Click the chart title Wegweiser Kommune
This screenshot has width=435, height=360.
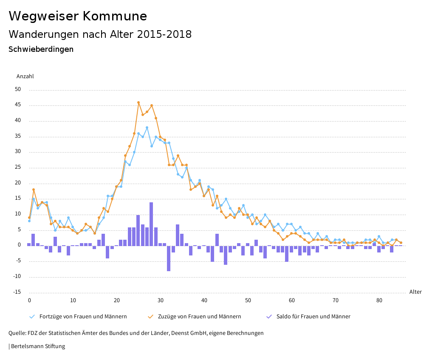click(x=78, y=16)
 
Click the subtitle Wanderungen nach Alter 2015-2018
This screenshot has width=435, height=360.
click(x=100, y=34)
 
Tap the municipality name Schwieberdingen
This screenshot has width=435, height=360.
click(x=41, y=49)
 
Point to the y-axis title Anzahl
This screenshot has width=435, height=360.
click(x=25, y=77)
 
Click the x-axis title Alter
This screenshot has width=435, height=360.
click(x=415, y=292)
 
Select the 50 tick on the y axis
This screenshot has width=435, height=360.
click(x=17, y=90)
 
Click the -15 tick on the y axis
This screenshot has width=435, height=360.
click(x=16, y=292)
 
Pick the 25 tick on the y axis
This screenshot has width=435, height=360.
click(x=17, y=167)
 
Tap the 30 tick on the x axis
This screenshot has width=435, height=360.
click(x=161, y=300)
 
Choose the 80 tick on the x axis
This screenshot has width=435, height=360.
click(x=379, y=300)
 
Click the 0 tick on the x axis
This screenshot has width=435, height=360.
click(x=29, y=300)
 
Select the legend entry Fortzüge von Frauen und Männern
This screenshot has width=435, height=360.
click(x=83, y=317)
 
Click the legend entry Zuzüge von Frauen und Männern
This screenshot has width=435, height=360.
click(x=199, y=317)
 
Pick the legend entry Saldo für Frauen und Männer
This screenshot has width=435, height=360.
click(x=313, y=317)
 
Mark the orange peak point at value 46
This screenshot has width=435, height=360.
click(x=138, y=102)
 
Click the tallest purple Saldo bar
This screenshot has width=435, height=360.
click(x=151, y=224)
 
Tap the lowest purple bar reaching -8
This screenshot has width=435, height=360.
click(x=169, y=258)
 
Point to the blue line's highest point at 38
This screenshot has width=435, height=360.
click(x=147, y=128)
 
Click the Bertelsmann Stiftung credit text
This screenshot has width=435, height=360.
click(x=37, y=346)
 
